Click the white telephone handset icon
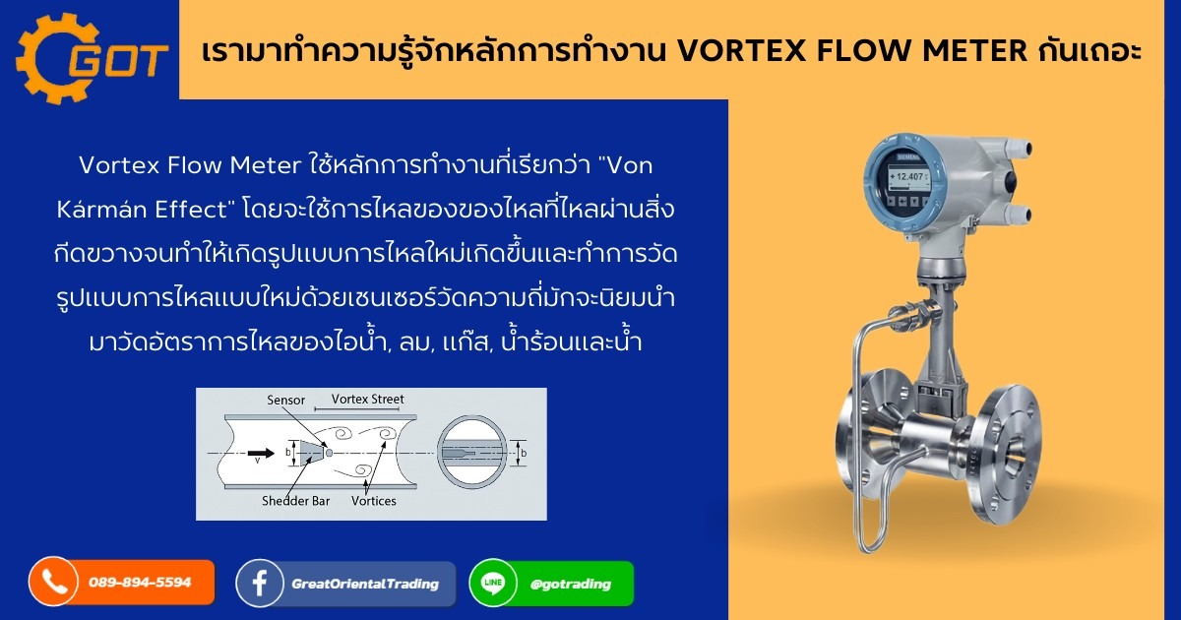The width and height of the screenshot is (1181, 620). point(53,583)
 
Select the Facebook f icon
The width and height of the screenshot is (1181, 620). point(261,584)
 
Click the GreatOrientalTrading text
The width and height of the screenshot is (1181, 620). point(365,584)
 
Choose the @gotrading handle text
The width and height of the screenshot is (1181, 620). point(570,584)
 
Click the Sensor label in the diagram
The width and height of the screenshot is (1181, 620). point(285,401)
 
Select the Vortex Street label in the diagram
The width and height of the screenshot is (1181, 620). point(367,399)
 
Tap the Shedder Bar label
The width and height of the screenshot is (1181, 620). point(295,501)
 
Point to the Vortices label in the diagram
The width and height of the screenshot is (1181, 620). point(373,501)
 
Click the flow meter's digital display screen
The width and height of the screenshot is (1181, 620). point(908,178)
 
